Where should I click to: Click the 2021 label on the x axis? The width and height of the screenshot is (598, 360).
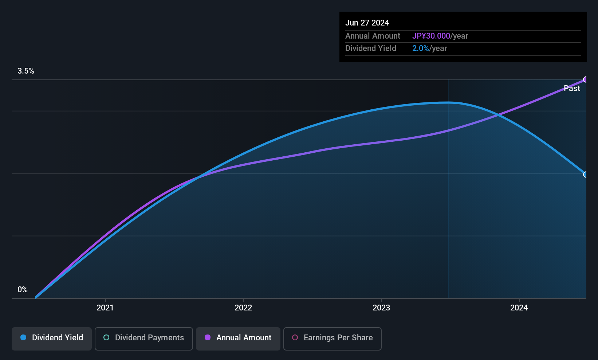click(x=105, y=308)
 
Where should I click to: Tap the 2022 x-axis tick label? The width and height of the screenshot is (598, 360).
click(x=243, y=308)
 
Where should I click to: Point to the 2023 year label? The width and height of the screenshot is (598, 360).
click(x=381, y=308)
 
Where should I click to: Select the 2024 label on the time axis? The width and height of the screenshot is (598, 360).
click(x=519, y=308)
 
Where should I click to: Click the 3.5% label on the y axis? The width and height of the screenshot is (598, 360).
click(x=26, y=71)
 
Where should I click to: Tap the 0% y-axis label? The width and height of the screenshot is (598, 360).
click(x=23, y=290)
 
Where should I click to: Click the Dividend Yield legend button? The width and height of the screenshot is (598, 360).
click(x=51, y=339)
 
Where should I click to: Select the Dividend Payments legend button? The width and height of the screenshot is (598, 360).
click(x=143, y=339)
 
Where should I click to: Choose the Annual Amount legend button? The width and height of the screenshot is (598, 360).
click(x=238, y=339)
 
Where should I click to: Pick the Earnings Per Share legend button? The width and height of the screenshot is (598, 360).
click(x=333, y=339)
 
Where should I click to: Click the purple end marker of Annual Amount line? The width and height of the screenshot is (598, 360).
click(x=585, y=79)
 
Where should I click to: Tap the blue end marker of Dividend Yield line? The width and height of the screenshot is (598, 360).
click(x=585, y=175)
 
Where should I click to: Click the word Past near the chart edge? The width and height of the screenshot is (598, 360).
click(x=572, y=89)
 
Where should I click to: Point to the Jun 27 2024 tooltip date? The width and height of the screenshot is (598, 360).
click(x=367, y=23)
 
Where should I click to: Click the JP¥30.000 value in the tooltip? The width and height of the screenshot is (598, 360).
click(x=431, y=36)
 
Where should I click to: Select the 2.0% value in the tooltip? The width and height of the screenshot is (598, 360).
click(x=421, y=48)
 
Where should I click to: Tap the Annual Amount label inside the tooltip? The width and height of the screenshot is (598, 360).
click(x=373, y=36)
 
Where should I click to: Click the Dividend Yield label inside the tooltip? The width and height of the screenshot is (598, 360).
click(x=371, y=48)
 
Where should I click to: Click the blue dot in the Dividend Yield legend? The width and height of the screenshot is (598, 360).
click(x=24, y=337)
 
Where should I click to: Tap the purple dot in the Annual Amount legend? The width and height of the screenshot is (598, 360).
click(x=208, y=337)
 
